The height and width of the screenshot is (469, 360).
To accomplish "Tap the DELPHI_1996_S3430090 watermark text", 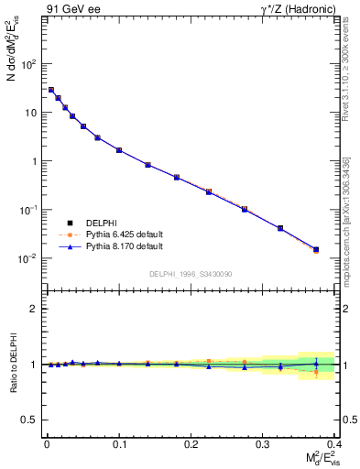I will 191,273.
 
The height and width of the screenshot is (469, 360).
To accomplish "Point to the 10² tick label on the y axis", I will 29,64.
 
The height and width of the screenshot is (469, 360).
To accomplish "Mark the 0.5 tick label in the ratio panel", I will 31,420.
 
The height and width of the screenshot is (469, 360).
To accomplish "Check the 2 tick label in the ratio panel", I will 35,309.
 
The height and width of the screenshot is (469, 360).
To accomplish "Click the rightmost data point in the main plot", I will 316,249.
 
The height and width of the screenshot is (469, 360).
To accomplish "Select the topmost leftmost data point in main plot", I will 51,90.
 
